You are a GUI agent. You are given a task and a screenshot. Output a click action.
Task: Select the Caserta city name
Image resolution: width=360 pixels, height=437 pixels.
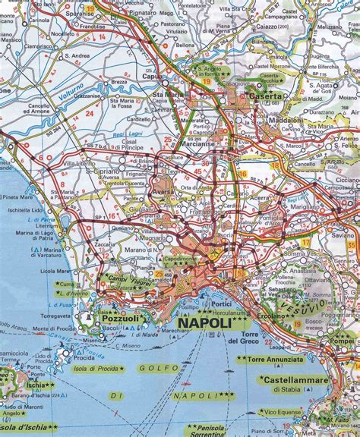pyautogui.click(x=262, y=97)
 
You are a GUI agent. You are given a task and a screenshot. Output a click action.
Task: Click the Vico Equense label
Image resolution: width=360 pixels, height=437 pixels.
pyautogui.click(x=303, y=410)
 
